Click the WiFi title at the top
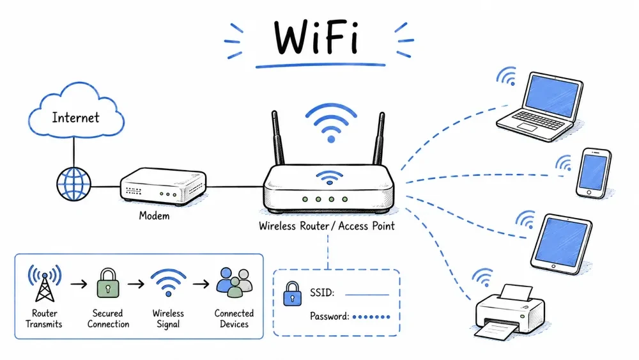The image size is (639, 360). pyautogui.click(x=316, y=37)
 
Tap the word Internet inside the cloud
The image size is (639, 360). pyautogui.click(x=75, y=118)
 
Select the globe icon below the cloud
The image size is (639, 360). pyautogui.click(x=73, y=184)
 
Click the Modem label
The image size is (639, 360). pyautogui.click(x=154, y=215)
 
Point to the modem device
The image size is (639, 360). pyautogui.click(x=163, y=186)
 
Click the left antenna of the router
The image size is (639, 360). pyautogui.click(x=278, y=138)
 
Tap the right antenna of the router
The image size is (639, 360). pyautogui.click(x=379, y=138)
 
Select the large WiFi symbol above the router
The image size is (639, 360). pyautogui.click(x=331, y=122)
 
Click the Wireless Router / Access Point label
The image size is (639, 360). pyautogui.click(x=327, y=226)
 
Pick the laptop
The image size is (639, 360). pyautogui.click(x=540, y=107)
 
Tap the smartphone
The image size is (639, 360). pyautogui.click(x=594, y=173)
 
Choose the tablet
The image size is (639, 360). pyautogui.click(x=562, y=244)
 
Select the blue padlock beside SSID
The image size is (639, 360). pyautogui.click(x=292, y=293)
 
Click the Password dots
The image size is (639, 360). pyautogui.click(x=371, y=317)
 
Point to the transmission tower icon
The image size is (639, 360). pyautogui.click(x=45, y=283)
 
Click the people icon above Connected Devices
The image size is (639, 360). pyautogui.click(x=235, y=282)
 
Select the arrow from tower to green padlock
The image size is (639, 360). pyautogui.click(x=79, y=284)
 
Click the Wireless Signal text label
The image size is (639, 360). pyautogui.click(x=168, y=318)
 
